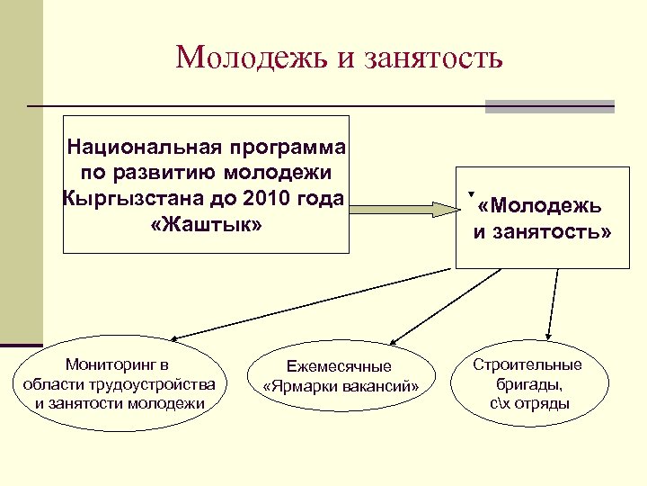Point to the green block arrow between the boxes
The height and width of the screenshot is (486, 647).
404,210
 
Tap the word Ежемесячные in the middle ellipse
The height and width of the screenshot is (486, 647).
339,366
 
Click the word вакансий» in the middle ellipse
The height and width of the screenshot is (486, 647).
378,386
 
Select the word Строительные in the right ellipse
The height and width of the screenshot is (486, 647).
528,364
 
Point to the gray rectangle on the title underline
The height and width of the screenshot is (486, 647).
549,106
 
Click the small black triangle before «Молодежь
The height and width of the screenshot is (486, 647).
471,193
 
